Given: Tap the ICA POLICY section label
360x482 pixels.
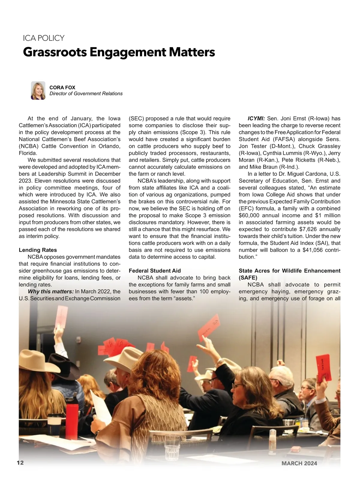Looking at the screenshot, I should pyautogui.click(x=43, y=38).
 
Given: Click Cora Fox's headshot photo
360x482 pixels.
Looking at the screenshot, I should pyautogui.click(x=38, y=90).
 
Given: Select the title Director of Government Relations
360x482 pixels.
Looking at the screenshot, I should pyautogui.click(x=86, y=94).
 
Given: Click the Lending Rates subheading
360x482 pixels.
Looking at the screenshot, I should pyautogui.click(x=38, y=250).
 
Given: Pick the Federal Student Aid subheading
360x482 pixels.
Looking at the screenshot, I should pyautogui.click(x=154, y=271).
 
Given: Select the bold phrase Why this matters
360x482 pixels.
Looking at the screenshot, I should pyautogui.click(x=50, y=291).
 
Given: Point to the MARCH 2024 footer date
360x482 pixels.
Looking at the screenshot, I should pyautogui.click(x=299, y=463).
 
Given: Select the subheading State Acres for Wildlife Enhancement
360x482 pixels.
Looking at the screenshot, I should pyautogui.click(x=289, y=271).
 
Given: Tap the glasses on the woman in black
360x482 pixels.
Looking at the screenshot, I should pyautogui.click(x=238, y=385).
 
